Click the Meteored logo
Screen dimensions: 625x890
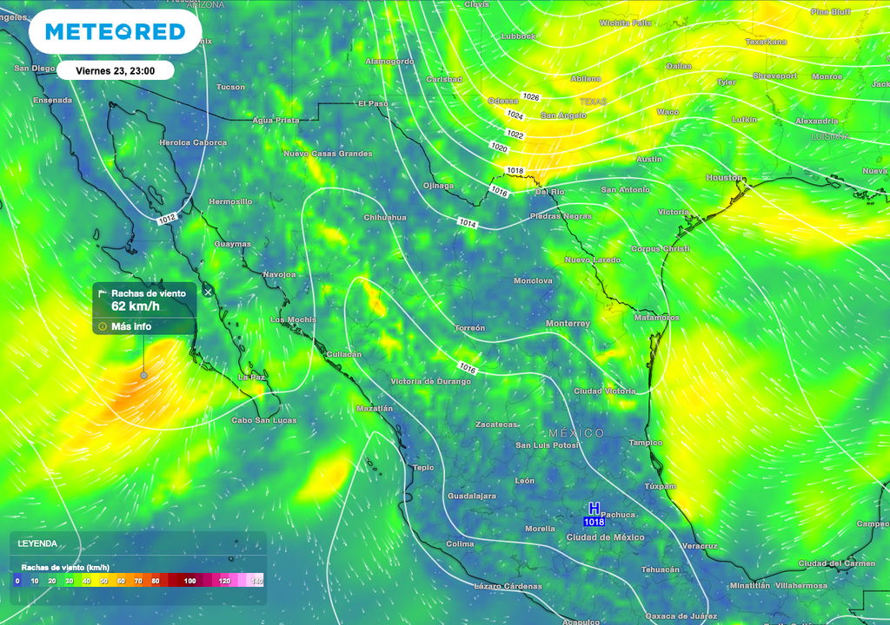[115, 32]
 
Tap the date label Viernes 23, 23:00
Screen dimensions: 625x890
[116, 70]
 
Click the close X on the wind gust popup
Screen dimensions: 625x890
[208, 292]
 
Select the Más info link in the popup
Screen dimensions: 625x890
[131, 326]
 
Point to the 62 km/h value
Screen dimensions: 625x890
[136, 306]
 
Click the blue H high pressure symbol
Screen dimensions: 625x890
[594, 508]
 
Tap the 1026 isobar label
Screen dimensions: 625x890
[530, 96]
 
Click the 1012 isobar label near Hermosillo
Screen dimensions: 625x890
[168, 220]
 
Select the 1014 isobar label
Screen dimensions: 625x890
[468, 223]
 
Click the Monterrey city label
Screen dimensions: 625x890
[568, 324]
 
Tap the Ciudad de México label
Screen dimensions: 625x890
[605, 537]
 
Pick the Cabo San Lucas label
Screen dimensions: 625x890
[263, 420]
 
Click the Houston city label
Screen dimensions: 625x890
[724, 177]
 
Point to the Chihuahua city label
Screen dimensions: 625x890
[385, 217]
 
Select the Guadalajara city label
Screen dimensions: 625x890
[471, 496]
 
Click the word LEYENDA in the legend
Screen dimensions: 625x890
[37, 543]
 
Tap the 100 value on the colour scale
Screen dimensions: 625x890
[190, 580]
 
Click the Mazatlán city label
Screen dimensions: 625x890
[375, 408]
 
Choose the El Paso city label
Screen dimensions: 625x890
[373, 103]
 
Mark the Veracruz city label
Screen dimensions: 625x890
[700, 546]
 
